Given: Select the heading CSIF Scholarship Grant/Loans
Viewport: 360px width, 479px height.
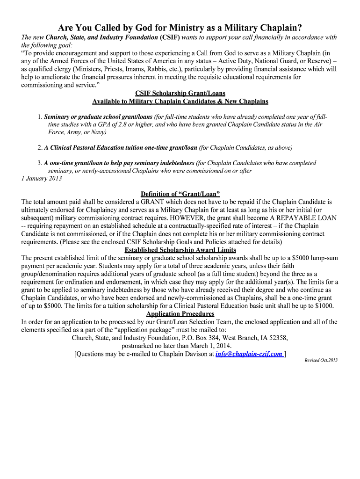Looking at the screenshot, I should pyautogui.click(x=180, y=93).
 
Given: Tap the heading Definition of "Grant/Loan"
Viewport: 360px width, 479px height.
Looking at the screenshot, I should pyautogui.click(x=180, y=194).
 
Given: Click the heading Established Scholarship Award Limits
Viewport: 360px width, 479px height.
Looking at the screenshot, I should pyautogui.click(x=180, y=250).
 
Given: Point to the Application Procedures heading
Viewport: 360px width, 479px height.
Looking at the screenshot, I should pyautogui.click(x=180, y=313).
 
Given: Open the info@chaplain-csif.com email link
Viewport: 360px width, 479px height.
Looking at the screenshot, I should pyautogui.click(x=249, y=354).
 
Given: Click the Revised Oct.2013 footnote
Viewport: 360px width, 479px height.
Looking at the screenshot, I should pyautogui.click(x=321, y=360).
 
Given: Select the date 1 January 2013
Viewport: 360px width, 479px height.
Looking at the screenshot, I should pyautogui.click(x=41, y=178).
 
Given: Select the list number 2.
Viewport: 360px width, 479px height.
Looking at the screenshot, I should pyautogui.click(x=40, y=148).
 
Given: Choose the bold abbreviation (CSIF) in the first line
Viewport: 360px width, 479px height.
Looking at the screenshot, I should pyautogui.click(x=170, y=37).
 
